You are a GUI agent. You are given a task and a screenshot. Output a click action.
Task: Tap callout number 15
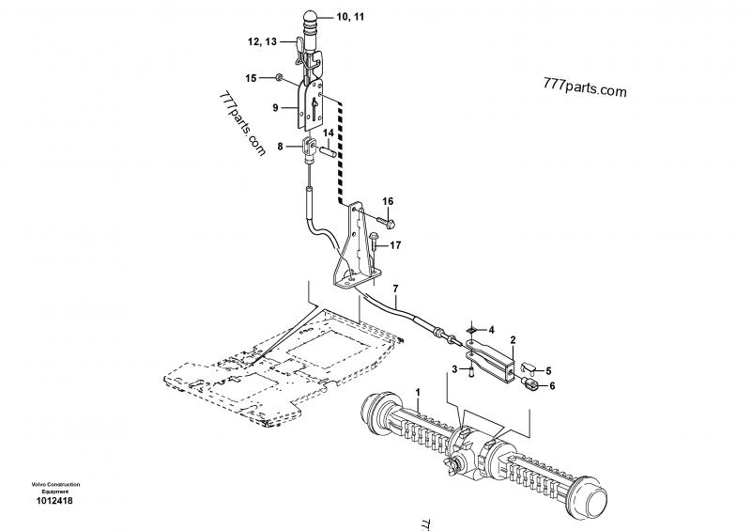coord(251,77)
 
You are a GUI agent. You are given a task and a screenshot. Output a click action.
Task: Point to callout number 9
coord(276,108)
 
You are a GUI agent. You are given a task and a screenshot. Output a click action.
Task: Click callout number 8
coord(280,146)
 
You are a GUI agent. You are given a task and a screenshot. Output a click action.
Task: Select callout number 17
coord(396,245)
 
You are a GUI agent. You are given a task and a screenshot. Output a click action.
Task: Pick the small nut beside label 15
coord(279,77)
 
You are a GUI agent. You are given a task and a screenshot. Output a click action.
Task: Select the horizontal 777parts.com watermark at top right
coord(584,90)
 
